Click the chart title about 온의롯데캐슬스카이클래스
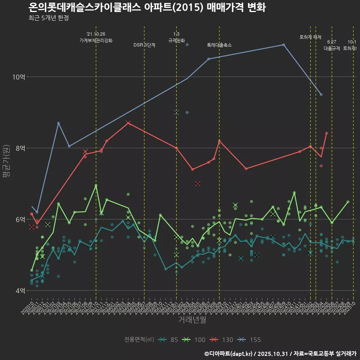(x=147, y=7)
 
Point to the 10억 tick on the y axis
(x=19, y=77)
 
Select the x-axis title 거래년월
(x=192, y=320)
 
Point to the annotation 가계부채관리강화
(x=96, y=40)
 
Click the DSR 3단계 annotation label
(x=144, y=45)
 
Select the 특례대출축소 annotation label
(x=219, y=45)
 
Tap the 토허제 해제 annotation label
(x=310, y=37)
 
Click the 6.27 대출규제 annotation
(x=332, y=45)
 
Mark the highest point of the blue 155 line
(x=283, y=45)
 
